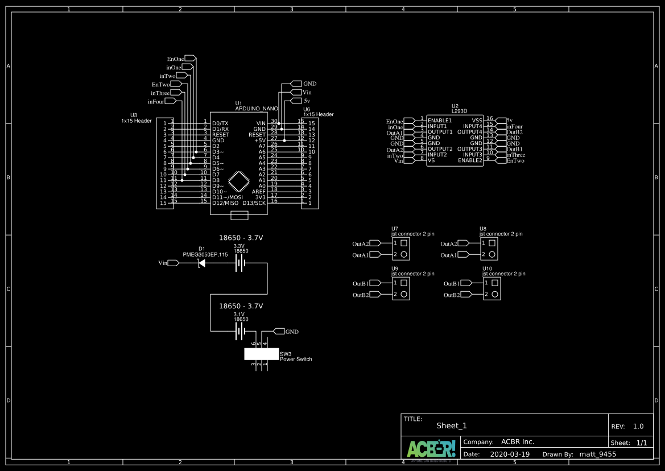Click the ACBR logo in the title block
431,449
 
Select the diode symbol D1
201,263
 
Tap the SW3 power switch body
262,354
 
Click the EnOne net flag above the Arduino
190,59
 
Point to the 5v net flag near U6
295,101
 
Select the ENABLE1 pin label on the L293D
440,121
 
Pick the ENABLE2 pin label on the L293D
470,160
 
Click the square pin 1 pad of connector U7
404,243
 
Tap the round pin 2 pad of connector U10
495,294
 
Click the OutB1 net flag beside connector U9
375,283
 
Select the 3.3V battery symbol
241,263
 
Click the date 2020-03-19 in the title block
509,455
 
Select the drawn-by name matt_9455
597,455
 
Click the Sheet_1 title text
451,425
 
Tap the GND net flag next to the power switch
279,331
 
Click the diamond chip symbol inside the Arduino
239,182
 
